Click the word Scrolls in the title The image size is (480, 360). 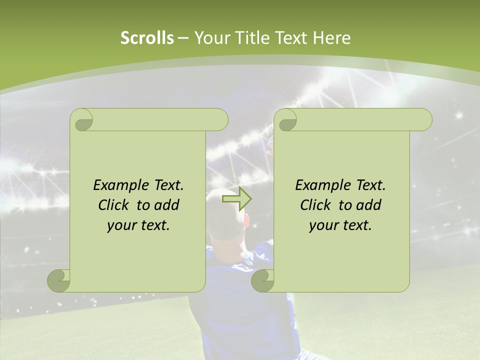(x=147, y=38)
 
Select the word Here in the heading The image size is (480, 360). (x=331, y=38)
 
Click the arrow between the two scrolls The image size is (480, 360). (x=236, y=199)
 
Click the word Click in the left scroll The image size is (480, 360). (x=114, y=205)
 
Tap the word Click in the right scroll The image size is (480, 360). (x=316, y=205)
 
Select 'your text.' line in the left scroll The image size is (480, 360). (x=138, y=225)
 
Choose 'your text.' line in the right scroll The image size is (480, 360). (x=340, y=225)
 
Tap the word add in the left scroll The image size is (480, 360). (x=166, y=205)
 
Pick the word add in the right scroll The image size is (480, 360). (x=368, y=205)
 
